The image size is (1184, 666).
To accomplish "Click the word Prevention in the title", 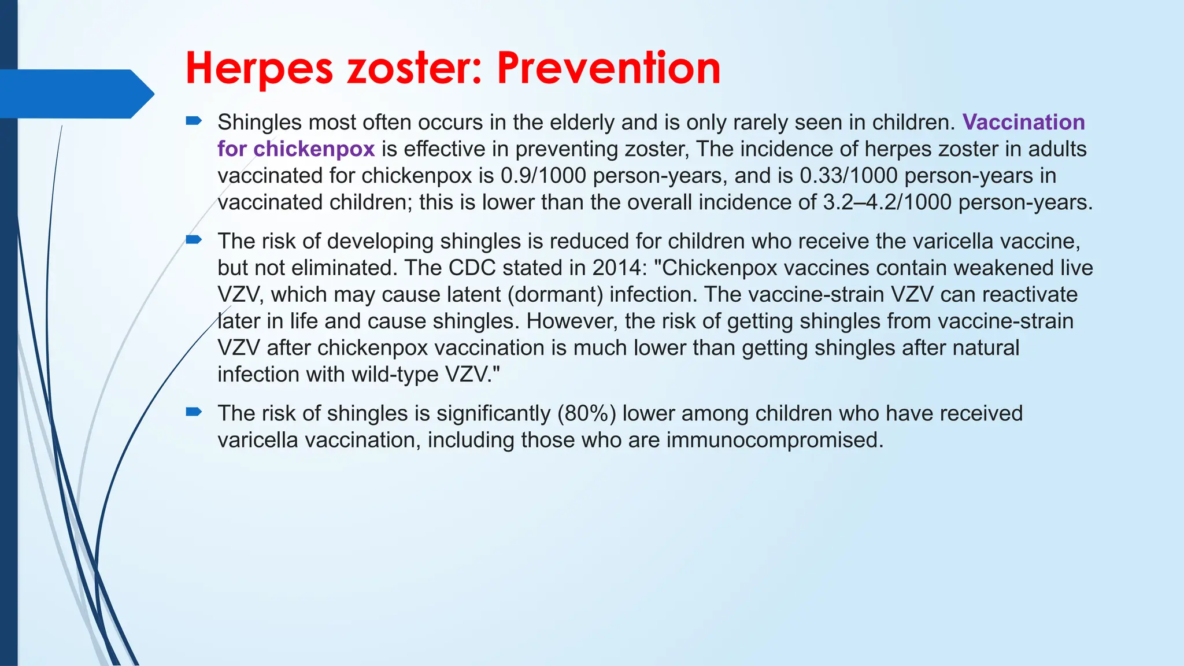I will point(608,68).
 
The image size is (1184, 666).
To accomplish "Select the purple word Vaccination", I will point(1024,122).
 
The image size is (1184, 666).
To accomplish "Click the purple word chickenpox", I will point(314,149).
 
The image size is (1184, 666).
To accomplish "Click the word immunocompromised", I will point(775,440).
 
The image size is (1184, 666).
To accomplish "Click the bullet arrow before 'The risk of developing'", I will point(193,239).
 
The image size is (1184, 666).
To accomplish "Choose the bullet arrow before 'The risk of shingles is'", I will point(193,412).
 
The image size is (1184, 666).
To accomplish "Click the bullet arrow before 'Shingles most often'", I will point(193,121).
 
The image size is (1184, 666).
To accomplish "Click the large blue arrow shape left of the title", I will point(75,94).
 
